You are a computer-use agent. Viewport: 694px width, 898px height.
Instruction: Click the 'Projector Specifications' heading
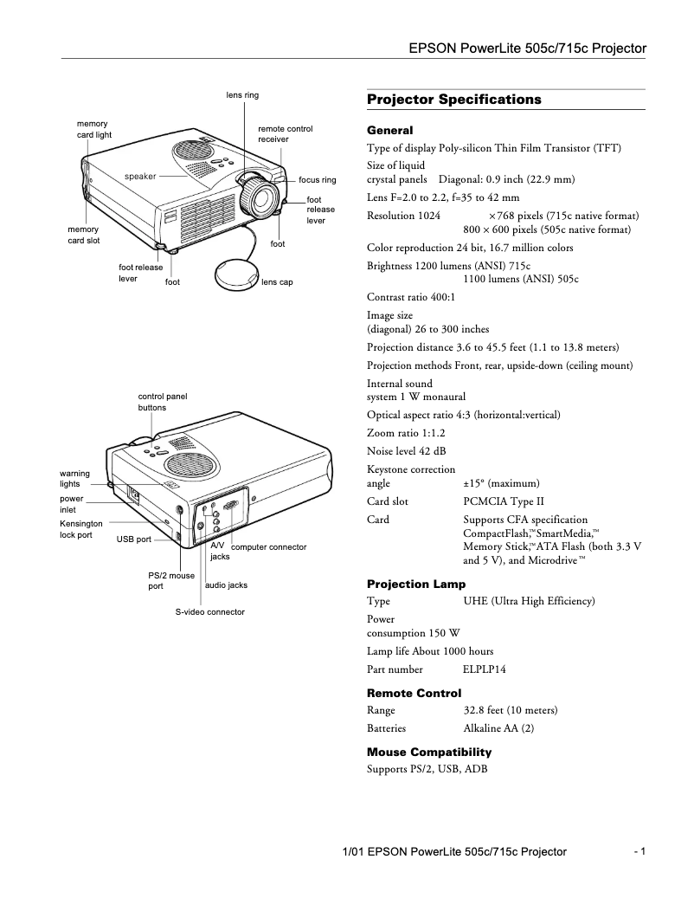pyautogui.click(x=453, y=100)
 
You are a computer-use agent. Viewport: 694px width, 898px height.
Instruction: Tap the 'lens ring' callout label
pyautogui.click(x=242, y=94)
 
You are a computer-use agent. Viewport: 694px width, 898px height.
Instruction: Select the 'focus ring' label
pyautogui.click(x=317, y=180)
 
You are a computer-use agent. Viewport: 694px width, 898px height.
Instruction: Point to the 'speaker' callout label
pyautogui.click(x=140, y=176)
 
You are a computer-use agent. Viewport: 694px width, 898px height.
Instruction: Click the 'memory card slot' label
pyautogui.click(x=84, y=234)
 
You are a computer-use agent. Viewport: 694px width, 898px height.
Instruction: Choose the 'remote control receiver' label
pyautogui.click(x=285, y=133)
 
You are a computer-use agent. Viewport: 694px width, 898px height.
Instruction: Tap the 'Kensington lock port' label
pyautogui.click(x=80, y=529)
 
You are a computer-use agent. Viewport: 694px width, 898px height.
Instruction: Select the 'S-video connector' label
pyautogui.click(x=209, y=611)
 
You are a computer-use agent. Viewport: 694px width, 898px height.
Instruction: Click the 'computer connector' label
pyautogui.click(x=268, y=547)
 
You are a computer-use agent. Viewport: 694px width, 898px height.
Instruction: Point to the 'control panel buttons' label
pyautogui.click(x=162, y=401)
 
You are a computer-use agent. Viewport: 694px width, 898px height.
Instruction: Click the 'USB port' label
pyautogui.click(x=134, y=539)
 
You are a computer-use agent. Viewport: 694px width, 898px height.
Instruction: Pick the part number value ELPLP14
pyautogui.click(x=485, y=669)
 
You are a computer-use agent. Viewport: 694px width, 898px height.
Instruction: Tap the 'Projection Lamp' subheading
pyautogui.click(x=416, y=584)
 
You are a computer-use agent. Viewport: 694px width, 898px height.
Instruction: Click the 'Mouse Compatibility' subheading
pyautogui.click(x=428, y=752)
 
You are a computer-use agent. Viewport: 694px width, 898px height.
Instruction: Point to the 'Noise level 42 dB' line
pyautogui.click(x=407, y=450)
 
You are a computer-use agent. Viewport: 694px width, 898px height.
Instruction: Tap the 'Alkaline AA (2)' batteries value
pyautogui.click(x=498, y=728)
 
